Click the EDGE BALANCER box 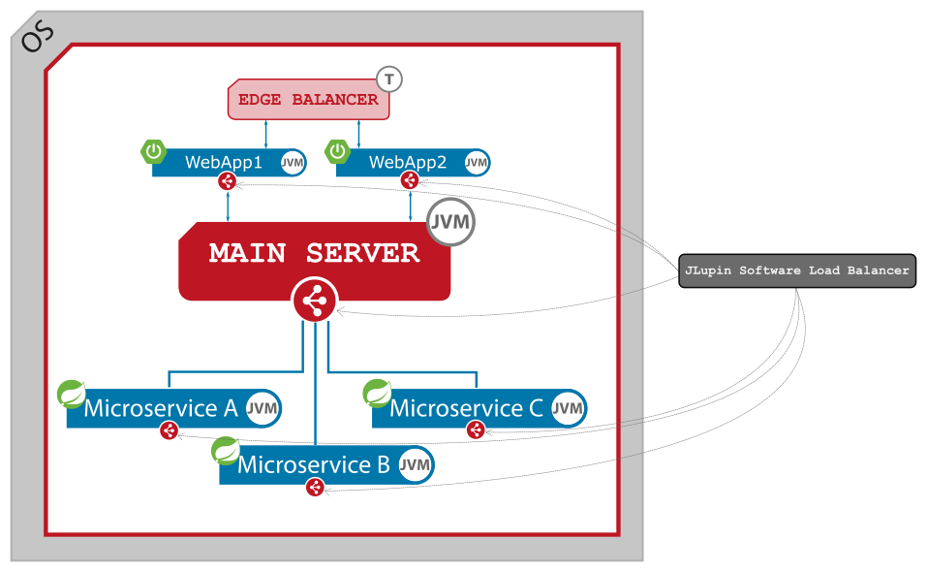click(308, 100)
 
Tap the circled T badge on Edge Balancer click(388, 79)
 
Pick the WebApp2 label click(408, 163)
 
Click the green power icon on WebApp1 click(154, 151)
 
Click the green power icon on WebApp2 click(337, 151)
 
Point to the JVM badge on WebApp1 click(292, 163)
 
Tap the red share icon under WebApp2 click(410, 180)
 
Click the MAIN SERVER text click(314, 253)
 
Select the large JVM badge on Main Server click(451, 223)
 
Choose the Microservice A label click(161, 408)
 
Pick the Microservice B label click(314, 465)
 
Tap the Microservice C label click(466, 408)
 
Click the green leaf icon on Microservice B click(226, 451)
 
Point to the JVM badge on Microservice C click(568, 408)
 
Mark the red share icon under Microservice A click(170, 430)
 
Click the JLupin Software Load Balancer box click(796, 271)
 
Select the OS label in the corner click(38, 37)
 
